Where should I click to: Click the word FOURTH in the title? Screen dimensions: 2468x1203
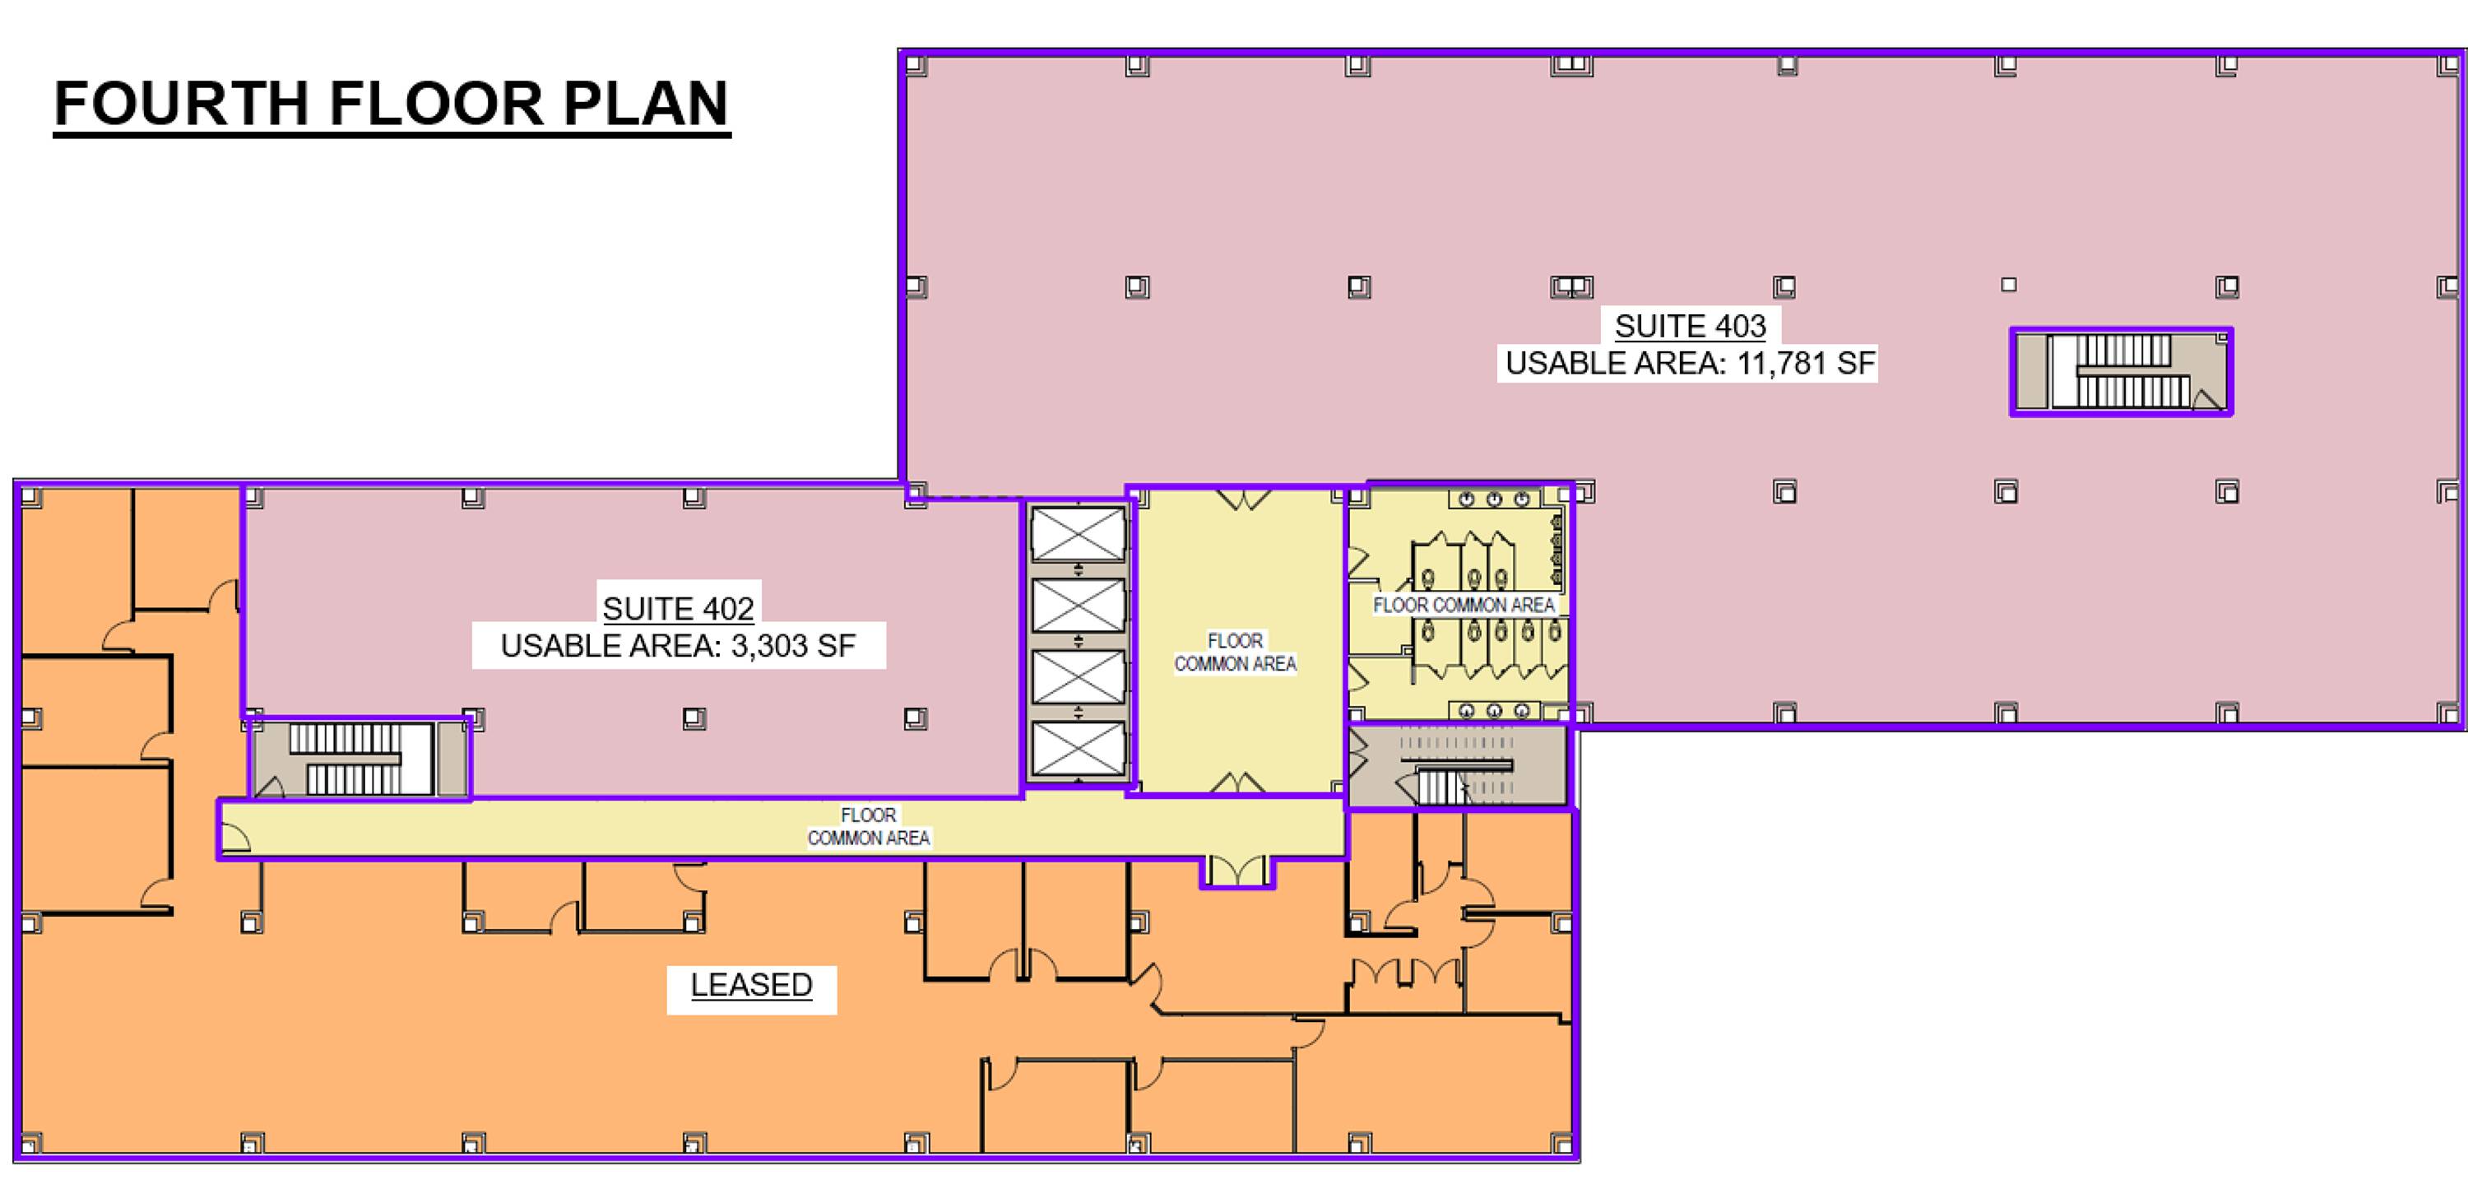coord(180,104)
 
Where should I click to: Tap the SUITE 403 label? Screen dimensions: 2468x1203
coord(1690,326)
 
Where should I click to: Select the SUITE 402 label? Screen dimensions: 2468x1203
coord(679,609)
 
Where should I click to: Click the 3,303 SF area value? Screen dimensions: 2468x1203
coord(792,646)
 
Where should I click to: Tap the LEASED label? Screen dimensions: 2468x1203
coord(751,986)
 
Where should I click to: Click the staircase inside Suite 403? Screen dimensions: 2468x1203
coord(2121,372)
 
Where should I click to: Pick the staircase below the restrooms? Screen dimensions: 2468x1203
coord(1457,767)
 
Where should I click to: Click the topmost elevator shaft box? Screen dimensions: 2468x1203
coord(1078,534)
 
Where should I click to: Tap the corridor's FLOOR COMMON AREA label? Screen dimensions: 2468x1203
coord(868,826)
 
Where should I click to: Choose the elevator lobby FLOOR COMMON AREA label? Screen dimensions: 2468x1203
coord(1235,652)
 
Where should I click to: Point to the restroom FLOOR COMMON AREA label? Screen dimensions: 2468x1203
coord(1463,605)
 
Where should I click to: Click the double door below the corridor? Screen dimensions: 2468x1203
coord(1236,871)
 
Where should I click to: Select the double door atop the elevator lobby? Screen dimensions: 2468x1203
coord(1244,499)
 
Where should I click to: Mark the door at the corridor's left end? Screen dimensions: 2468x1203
coord(235,838)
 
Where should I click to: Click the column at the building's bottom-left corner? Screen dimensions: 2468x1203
coord(30,1144)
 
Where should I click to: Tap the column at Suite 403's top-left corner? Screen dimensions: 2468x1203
coord(916,66)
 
